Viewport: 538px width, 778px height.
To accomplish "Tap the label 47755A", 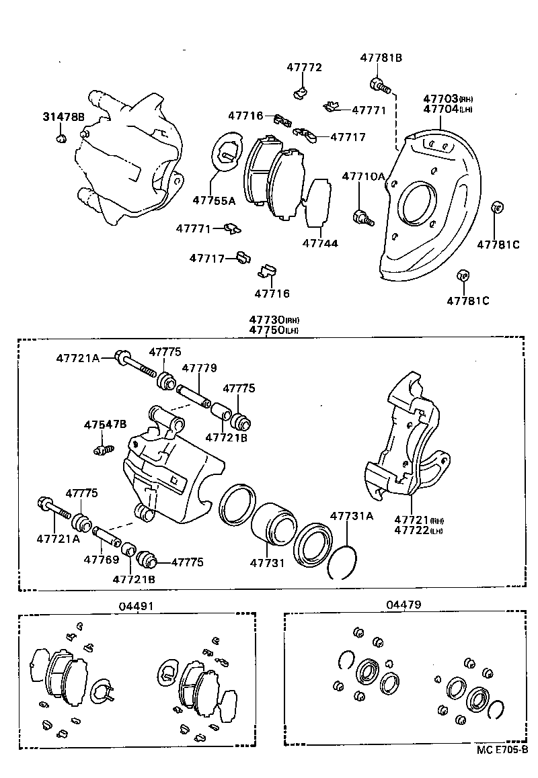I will click(x=213, y=200).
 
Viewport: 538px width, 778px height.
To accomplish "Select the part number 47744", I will click(x=319, y=243).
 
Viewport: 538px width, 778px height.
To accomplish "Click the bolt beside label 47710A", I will click(x=362, y=216).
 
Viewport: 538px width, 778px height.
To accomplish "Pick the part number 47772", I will click(x=304, y=67).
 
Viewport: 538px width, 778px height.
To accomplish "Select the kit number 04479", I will click(x=403, y=605).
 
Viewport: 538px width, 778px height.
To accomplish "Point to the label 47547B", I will click(x=105, y=425).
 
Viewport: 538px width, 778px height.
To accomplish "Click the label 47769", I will click(x=100, y=558).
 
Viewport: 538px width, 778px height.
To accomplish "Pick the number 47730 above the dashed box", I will click(x=266, y=320).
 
